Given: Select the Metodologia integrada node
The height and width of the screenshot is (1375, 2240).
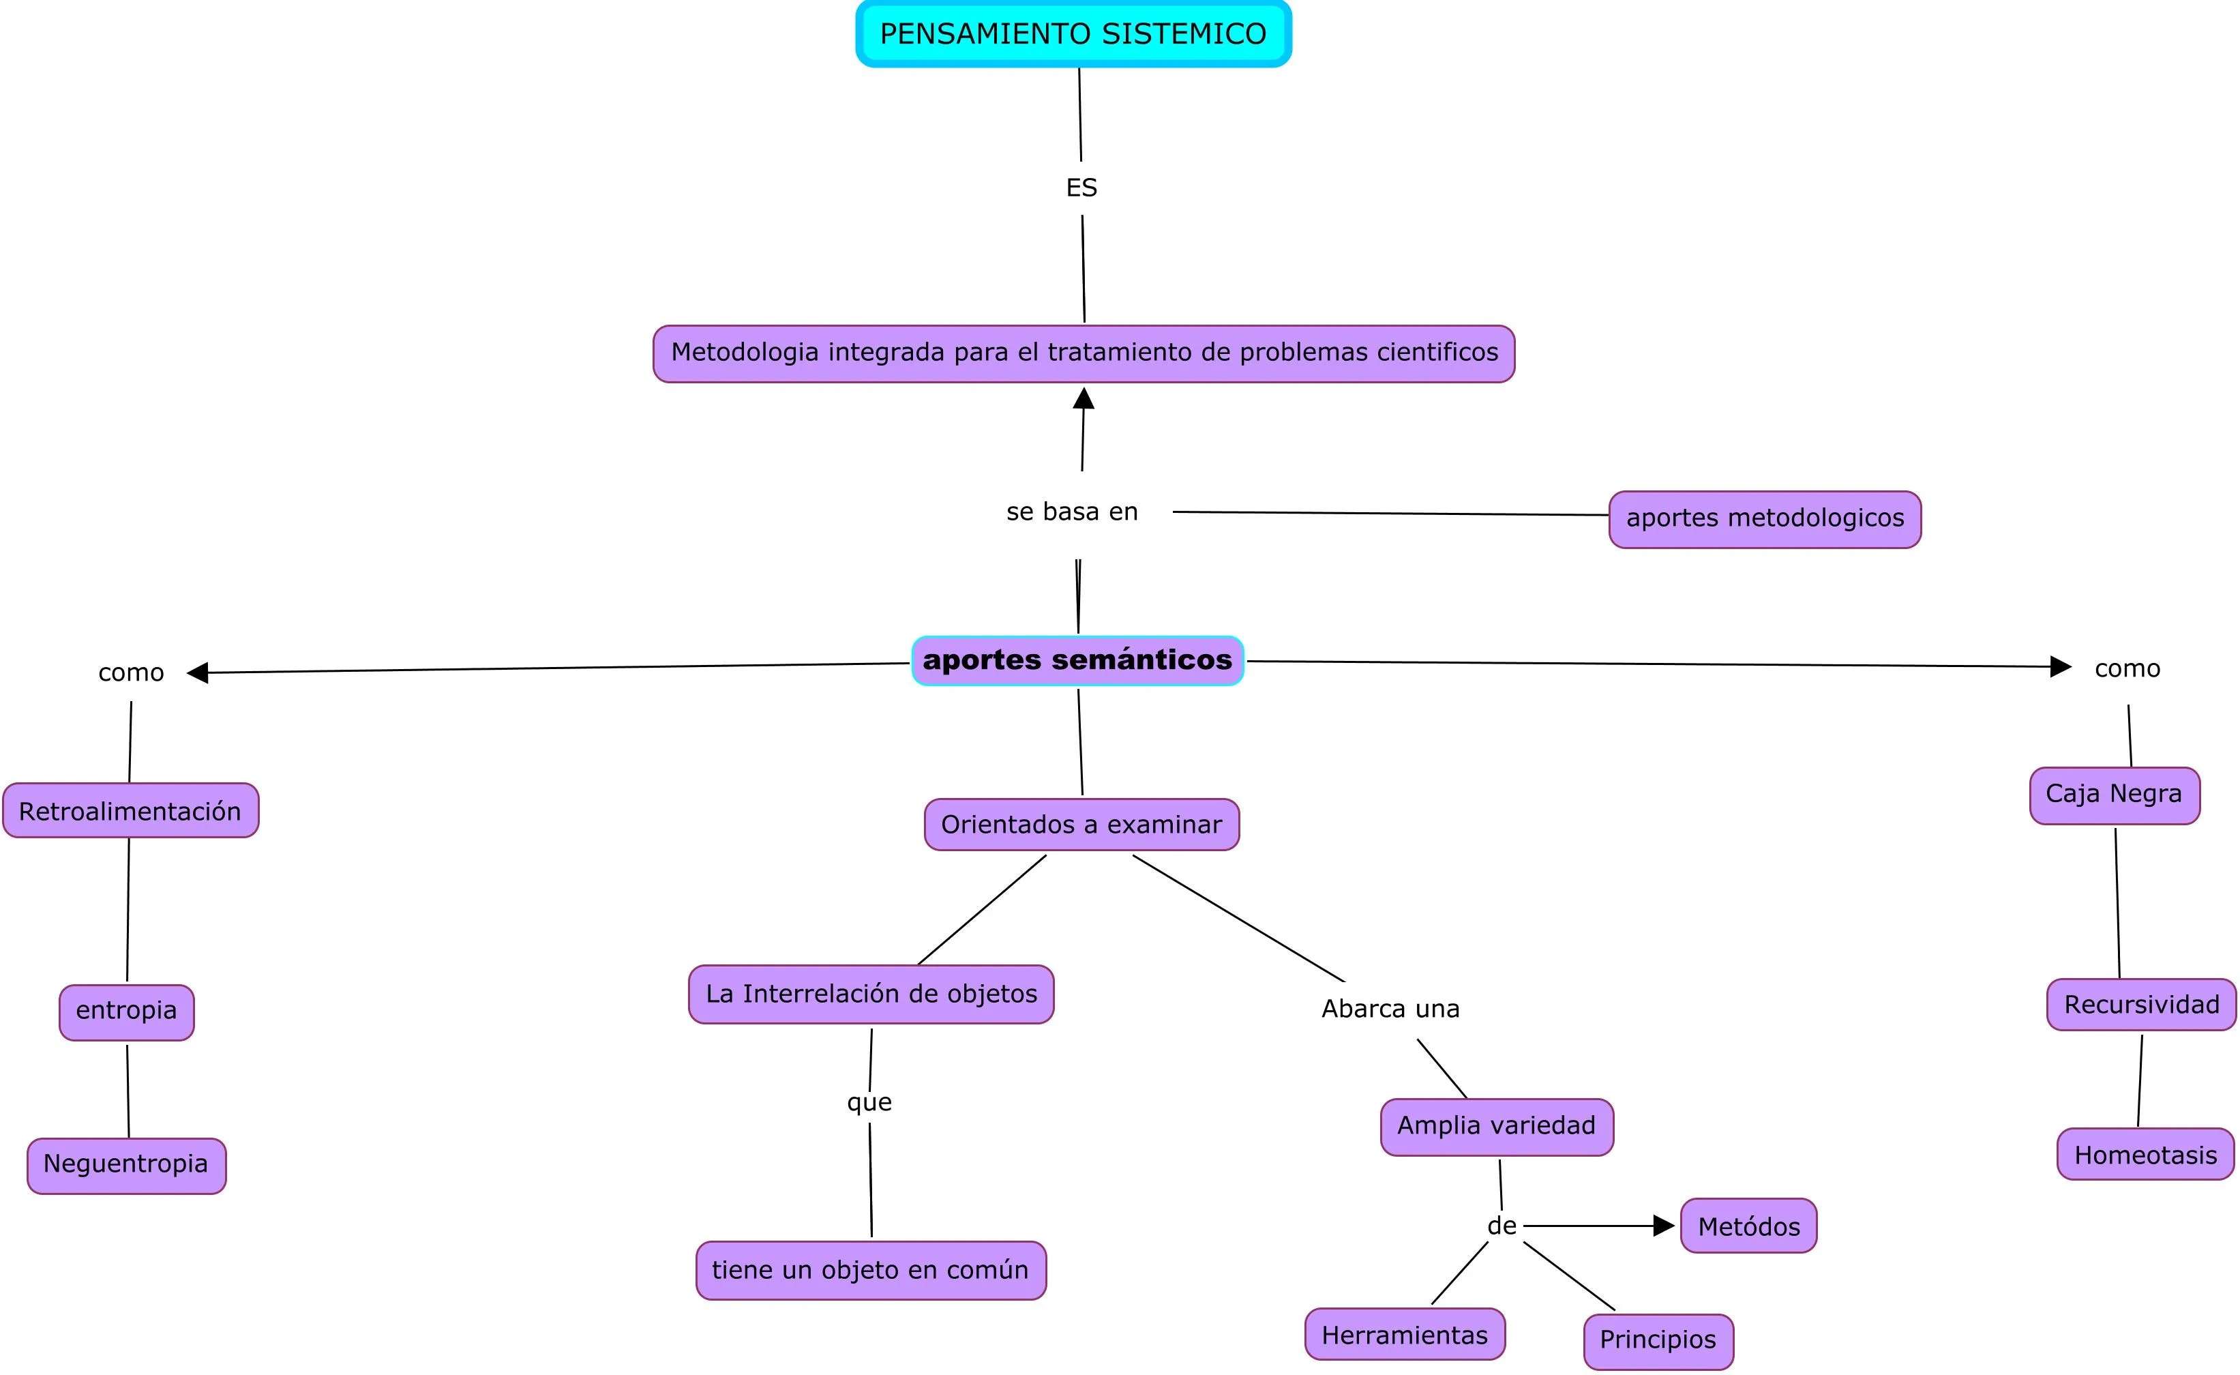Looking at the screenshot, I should [x=1084, y=353].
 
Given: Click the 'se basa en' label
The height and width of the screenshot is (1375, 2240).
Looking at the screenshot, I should [x=1072, y=512].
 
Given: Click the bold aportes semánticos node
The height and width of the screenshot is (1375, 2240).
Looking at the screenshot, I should [x=1077, y=660].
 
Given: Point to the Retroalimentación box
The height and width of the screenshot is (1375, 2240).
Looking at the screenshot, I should [x=130, y=810].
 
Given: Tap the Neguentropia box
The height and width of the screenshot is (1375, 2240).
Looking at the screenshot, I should [x=126, y=1165].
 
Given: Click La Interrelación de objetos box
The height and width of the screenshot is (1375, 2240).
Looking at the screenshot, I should [x=871, y=994].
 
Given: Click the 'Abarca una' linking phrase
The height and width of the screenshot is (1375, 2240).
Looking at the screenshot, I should [x=1390, y=1009].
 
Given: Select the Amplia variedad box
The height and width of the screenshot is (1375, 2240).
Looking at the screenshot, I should [x=1495, y=1126].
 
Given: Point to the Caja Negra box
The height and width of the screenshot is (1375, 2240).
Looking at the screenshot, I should [x=2114, y=795].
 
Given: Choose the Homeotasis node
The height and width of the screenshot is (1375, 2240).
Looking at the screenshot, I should [x=2145, y=1154].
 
